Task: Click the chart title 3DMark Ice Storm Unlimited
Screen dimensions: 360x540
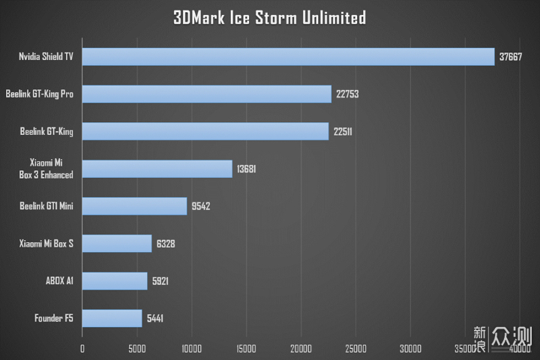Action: click(269, 16)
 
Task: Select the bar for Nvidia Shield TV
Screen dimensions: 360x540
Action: click(288, 56)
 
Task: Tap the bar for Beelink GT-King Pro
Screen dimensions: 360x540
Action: click(206, 94)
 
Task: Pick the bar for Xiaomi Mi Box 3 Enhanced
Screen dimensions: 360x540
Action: click(157, 169)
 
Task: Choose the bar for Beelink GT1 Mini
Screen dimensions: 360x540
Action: click(134, 206)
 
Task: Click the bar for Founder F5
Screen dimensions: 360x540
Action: click(112, 319)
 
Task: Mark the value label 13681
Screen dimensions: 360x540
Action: click(247, 169)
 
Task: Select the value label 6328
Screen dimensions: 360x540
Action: click(166, 244)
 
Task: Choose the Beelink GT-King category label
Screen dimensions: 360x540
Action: click(47, 131)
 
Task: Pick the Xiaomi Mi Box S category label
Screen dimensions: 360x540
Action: click(46, 244)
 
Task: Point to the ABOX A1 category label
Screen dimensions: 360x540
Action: click(59, 281)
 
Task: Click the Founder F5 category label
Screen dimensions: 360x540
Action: click(54, 319)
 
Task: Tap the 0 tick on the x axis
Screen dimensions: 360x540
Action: click(82, 348)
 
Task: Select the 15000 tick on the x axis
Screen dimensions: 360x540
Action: click(246, 348)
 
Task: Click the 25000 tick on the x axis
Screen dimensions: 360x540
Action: click(355, 348)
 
